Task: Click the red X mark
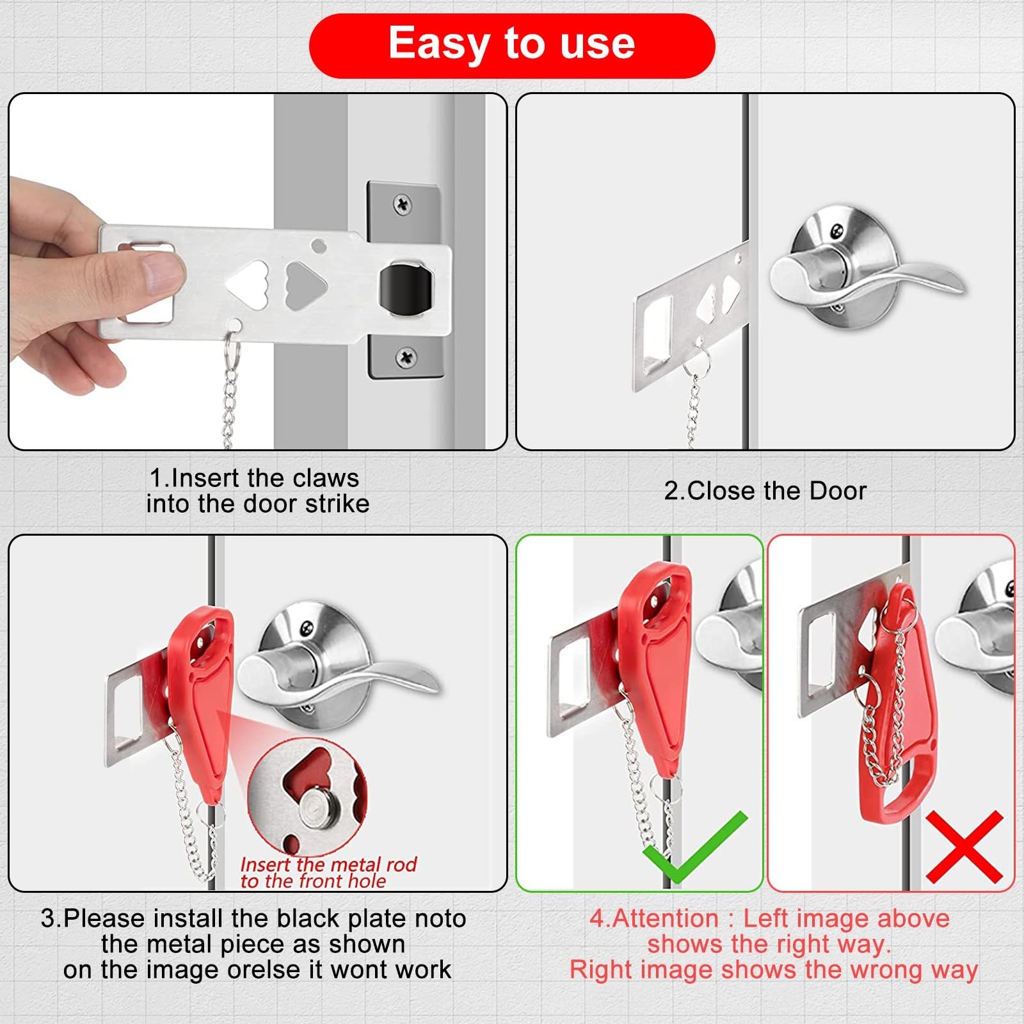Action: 964,847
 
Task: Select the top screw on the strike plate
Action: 403,205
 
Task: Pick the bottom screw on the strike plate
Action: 406,357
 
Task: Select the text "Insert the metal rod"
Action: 328,865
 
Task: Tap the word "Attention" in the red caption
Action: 666,918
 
